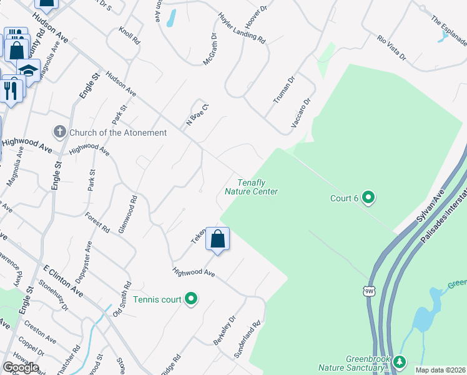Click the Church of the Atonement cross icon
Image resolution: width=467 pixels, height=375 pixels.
tap(60, 132)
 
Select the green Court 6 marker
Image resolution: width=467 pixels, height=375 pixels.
tap(368, 198)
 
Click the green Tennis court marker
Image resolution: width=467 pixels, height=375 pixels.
tap(191, 299)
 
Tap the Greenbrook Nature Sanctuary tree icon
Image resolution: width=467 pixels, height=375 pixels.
tap(400, 362)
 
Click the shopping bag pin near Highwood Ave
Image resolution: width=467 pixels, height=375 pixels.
tap(217, 239)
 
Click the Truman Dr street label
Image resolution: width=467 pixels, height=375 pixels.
tap(283, 90)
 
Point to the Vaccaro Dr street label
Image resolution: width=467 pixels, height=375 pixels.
tap(301, 113)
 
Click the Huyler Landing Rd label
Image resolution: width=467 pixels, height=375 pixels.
tap(242, 27)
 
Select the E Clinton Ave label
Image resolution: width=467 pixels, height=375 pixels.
tap(63, 281)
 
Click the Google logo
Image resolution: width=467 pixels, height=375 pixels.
tap(21, 367)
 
